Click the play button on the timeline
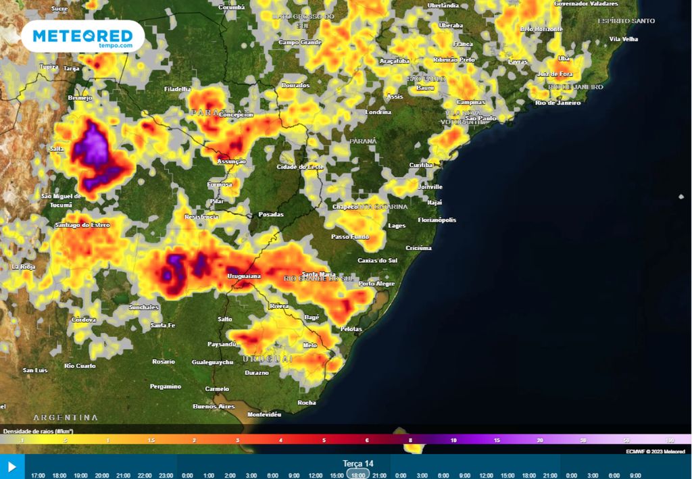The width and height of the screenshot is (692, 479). tap(11, 467)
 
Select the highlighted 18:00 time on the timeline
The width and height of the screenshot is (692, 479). tap(358, 475)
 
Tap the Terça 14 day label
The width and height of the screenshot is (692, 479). tap(358, 463)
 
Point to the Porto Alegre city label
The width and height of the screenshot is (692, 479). tap(376, 284)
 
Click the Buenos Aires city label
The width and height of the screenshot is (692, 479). tap(213, 406)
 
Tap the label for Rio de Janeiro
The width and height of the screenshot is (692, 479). tap(558, 103)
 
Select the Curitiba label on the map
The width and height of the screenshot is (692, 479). tap(421, 166)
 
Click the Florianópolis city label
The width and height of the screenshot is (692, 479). tap(437, 220)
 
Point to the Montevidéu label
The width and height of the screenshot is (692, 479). tap(264, 414)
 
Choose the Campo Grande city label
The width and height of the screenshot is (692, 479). tap(300, 43)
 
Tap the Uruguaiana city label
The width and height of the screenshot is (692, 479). tap(244, 276)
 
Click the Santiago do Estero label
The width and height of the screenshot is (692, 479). tap(82, 224)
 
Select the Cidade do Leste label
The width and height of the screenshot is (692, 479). tap(300, 167)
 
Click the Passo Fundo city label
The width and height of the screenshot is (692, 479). tap(350, 237)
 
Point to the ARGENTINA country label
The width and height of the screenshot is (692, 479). tap(66, 418)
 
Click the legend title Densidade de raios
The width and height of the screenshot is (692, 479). tap(38, 431)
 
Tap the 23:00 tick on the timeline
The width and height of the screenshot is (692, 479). tap(166, 475)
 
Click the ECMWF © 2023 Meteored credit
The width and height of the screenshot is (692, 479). tap(655, 451)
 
